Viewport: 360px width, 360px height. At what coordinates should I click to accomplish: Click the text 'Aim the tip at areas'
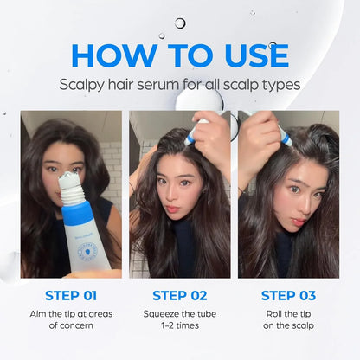pos(71,312)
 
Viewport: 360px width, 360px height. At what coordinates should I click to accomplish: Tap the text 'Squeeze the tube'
pos(181,312)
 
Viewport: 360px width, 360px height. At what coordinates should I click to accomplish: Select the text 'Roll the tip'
pos(289,312)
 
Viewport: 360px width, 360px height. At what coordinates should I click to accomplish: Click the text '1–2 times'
pos(181,326)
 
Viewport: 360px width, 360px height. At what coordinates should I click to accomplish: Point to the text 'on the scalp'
pos(289,326)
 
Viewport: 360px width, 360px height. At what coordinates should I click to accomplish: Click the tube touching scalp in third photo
pos(283,133)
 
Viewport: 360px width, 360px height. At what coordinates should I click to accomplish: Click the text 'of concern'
pos(71,326)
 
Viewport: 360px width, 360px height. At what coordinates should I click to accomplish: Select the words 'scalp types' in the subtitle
pos(265,85)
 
